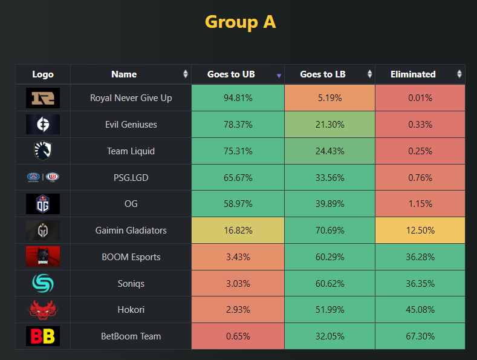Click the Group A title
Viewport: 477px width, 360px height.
(x=240, y=22)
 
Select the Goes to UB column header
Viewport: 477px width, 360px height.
(x=231, y=74)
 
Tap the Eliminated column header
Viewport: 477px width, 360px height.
(x=413, y=74)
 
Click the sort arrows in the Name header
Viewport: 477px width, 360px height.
(x=185, y=74)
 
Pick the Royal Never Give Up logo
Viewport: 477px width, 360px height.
(x=43, y=98)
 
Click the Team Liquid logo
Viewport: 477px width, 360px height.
(x=43, y=151)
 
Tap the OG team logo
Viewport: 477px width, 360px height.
(x=43, y=204)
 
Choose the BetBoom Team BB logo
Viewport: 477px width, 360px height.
(x=43, y=336)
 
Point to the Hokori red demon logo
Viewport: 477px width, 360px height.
(x=43, y=310)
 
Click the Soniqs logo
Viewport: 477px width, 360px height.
(x=43, y=283)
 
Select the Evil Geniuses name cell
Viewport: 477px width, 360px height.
(x=131, y=125)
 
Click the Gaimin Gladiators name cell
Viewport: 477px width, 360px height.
(x=131, y=231)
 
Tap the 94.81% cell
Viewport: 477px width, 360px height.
(x=238, y=98)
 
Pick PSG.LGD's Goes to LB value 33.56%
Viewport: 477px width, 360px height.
(x=329, y=178)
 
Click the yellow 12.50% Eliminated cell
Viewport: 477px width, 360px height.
(x=420, y=231)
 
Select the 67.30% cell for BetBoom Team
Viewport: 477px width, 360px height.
(x=420, y=336)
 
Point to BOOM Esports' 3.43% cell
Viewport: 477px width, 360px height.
(x=238, y=257)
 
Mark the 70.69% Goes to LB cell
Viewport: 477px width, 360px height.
(x=329, y=231)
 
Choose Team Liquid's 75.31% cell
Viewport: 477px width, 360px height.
(x=238, y=151)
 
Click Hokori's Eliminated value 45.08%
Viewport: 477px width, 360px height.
(x=420, y=310)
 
